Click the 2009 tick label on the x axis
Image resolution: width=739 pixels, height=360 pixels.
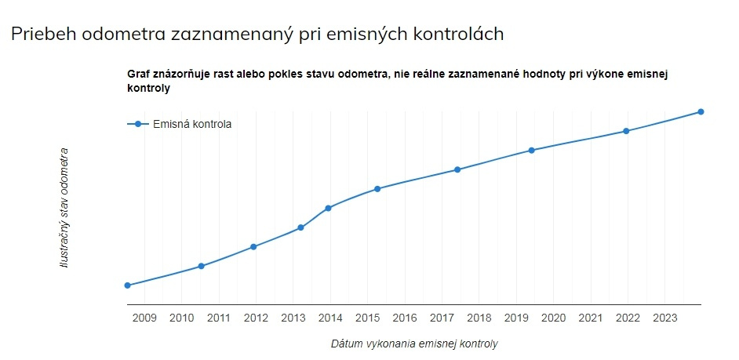coord(144,318)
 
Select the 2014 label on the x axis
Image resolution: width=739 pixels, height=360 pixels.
coord(330,318)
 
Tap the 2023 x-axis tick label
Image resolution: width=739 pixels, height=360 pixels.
coord(665,318)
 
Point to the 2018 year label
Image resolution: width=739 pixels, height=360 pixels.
coord(479,318)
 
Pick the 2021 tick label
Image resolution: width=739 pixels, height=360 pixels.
coord(591,318)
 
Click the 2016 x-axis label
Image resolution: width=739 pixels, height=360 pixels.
coord(405,318)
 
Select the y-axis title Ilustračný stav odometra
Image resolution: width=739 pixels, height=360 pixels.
coord(64,208)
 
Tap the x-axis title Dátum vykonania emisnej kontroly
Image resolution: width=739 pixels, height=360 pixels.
coord(414,344)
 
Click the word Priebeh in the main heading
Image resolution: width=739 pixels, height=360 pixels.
coord(39,35)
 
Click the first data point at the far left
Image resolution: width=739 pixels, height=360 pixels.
coord(127,285)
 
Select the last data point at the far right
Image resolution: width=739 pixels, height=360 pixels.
coord(701,111)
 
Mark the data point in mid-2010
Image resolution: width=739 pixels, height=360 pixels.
coord(202,266)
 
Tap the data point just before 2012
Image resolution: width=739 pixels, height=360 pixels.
coord(253,247)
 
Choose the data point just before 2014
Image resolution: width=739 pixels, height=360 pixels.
coord(300,227)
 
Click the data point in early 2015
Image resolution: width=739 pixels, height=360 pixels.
coord(377,189)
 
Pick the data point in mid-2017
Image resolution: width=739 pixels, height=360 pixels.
coord(457,169)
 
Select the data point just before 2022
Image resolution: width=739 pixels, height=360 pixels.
coord(626,131)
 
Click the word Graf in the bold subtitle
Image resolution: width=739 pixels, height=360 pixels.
coord(138,74)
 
